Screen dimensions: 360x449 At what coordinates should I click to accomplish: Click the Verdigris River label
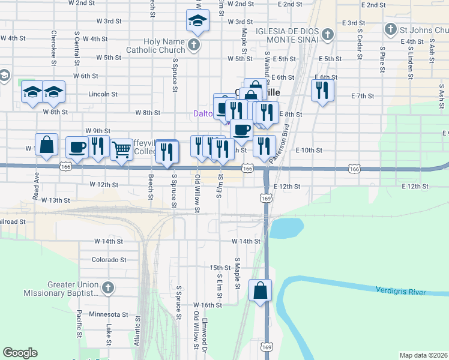[x=400, y=292]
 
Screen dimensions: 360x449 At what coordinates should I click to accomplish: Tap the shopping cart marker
[x=122, y=149]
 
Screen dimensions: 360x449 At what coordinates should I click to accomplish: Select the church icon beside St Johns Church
[x=390, y=29]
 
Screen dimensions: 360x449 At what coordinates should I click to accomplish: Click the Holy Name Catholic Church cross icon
[x=194, y=45]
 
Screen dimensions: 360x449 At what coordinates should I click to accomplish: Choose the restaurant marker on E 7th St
[x=322, y=91]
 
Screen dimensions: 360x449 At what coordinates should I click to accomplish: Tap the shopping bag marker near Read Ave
[x=46, y=145]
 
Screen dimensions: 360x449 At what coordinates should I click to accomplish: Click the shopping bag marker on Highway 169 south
[x=261, y=291]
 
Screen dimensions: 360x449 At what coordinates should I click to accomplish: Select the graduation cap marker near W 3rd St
[x=196, y=21]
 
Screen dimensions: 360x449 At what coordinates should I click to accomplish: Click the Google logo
[x=20, y=353]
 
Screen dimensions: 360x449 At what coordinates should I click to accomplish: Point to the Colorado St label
[x=109, y=260]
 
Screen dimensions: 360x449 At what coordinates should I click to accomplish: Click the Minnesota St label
[x=108, y=314]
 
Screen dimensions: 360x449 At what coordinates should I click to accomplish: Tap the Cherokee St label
[x=54, y=45]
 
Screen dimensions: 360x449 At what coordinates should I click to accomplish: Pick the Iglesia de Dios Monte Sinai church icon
[x=327, y=34]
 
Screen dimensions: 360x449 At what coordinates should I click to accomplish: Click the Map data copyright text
[x=423, y=355]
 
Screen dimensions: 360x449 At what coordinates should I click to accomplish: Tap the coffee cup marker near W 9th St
[x=77, y=147]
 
